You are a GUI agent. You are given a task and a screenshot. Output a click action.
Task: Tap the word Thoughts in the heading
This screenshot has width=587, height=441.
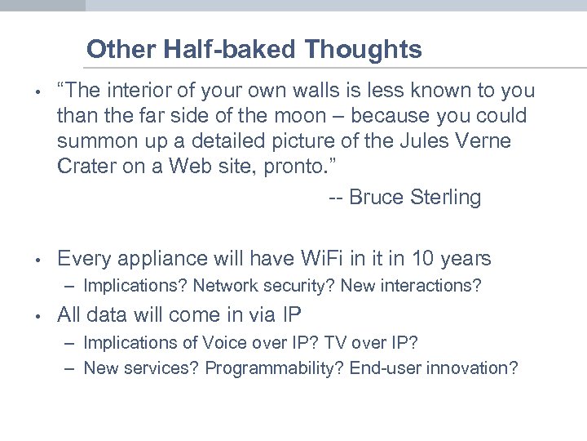click(x=364, y=50)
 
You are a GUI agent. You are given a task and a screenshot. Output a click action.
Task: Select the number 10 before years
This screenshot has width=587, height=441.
click(x=422, y=259)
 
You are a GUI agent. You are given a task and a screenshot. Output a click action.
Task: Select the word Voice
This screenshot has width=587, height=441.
click(x=252, y=342)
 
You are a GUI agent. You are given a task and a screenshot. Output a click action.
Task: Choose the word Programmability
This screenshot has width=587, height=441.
click(x=275, y=368)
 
